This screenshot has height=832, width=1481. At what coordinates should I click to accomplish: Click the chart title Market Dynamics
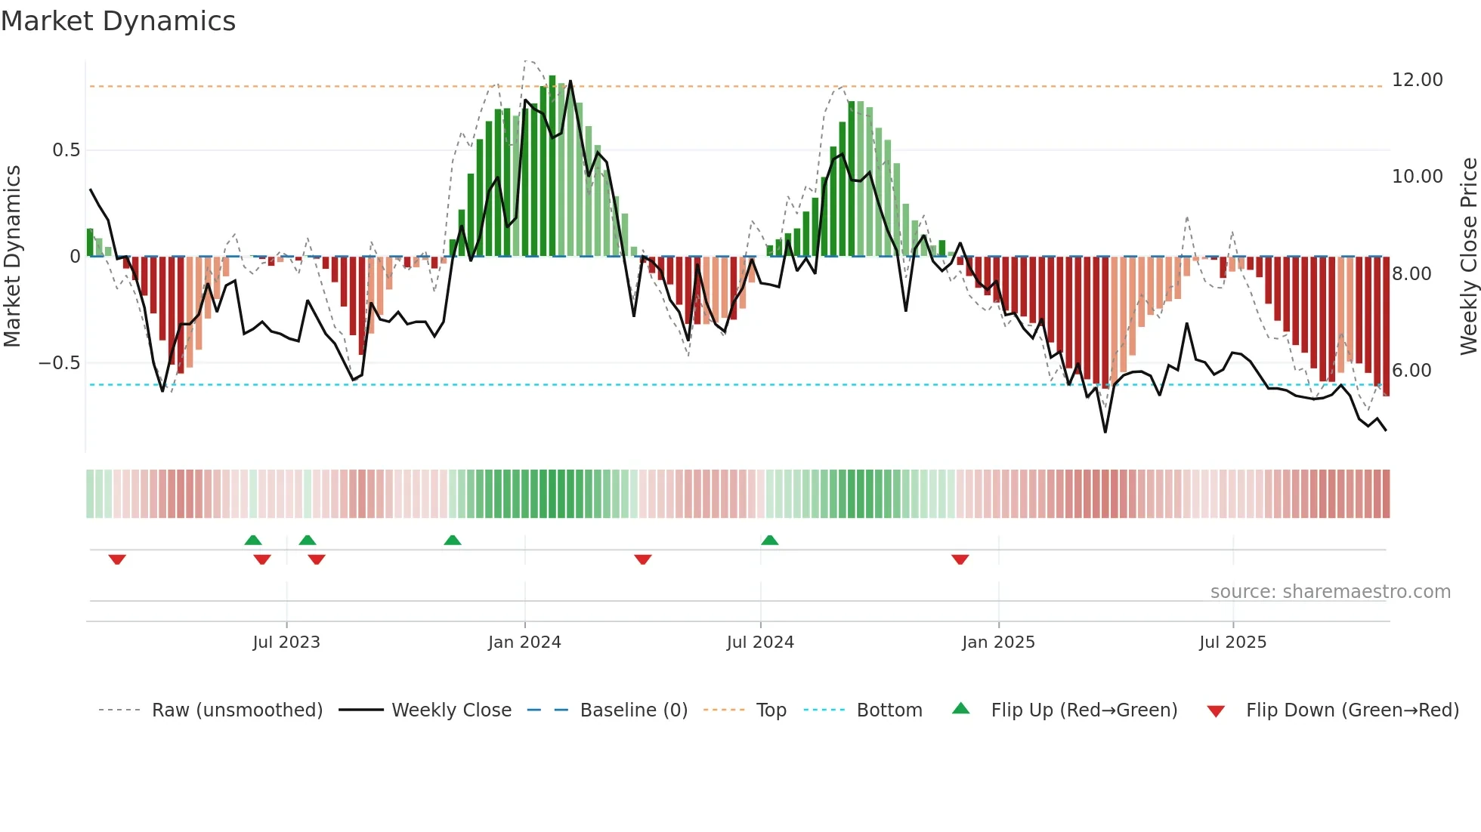119,21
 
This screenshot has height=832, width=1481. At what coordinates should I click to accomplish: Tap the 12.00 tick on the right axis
1417,80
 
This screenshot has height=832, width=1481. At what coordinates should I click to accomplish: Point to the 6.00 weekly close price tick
1411,371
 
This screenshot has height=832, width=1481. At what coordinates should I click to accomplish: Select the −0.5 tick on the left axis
60,363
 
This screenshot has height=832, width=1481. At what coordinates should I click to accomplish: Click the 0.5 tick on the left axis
66,150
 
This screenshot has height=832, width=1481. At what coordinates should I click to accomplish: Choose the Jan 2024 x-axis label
524,642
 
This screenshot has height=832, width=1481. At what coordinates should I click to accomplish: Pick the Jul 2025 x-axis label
1232,642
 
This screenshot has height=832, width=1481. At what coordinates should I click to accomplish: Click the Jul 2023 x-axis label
286,642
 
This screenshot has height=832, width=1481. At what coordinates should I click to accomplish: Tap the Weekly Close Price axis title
1468,257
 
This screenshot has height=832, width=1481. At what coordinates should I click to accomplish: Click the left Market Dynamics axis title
12,257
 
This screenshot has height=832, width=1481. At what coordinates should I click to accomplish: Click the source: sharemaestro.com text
1330,592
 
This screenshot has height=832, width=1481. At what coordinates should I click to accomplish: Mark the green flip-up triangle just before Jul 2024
769,540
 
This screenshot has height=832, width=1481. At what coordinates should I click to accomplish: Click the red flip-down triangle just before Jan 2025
960,559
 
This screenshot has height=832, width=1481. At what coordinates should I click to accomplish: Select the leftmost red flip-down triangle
117,559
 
